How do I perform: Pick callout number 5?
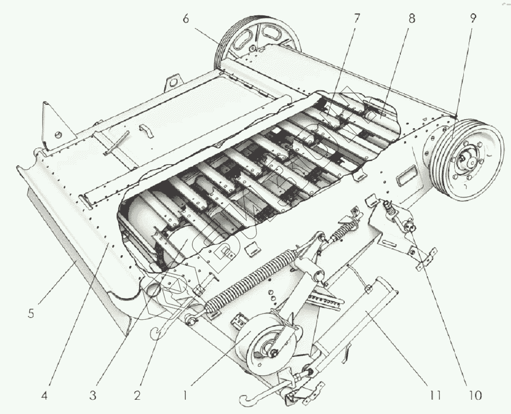[x=31, y=313]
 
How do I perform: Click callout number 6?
[x=186, y=19]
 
